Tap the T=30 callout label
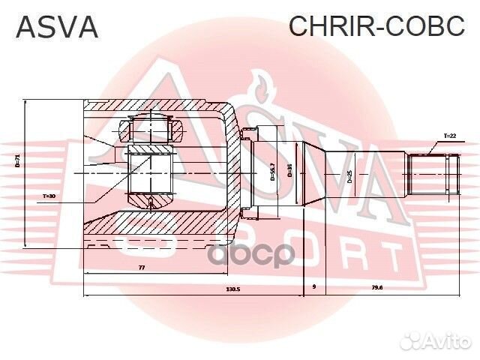(49, 196)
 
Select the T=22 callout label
(449, 136)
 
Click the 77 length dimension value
(141, 268)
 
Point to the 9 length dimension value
(313, 287)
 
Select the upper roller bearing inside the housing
(153, 128)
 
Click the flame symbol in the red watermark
(259, 86)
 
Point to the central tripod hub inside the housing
(151, 172)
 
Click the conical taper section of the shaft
(319, 174)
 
